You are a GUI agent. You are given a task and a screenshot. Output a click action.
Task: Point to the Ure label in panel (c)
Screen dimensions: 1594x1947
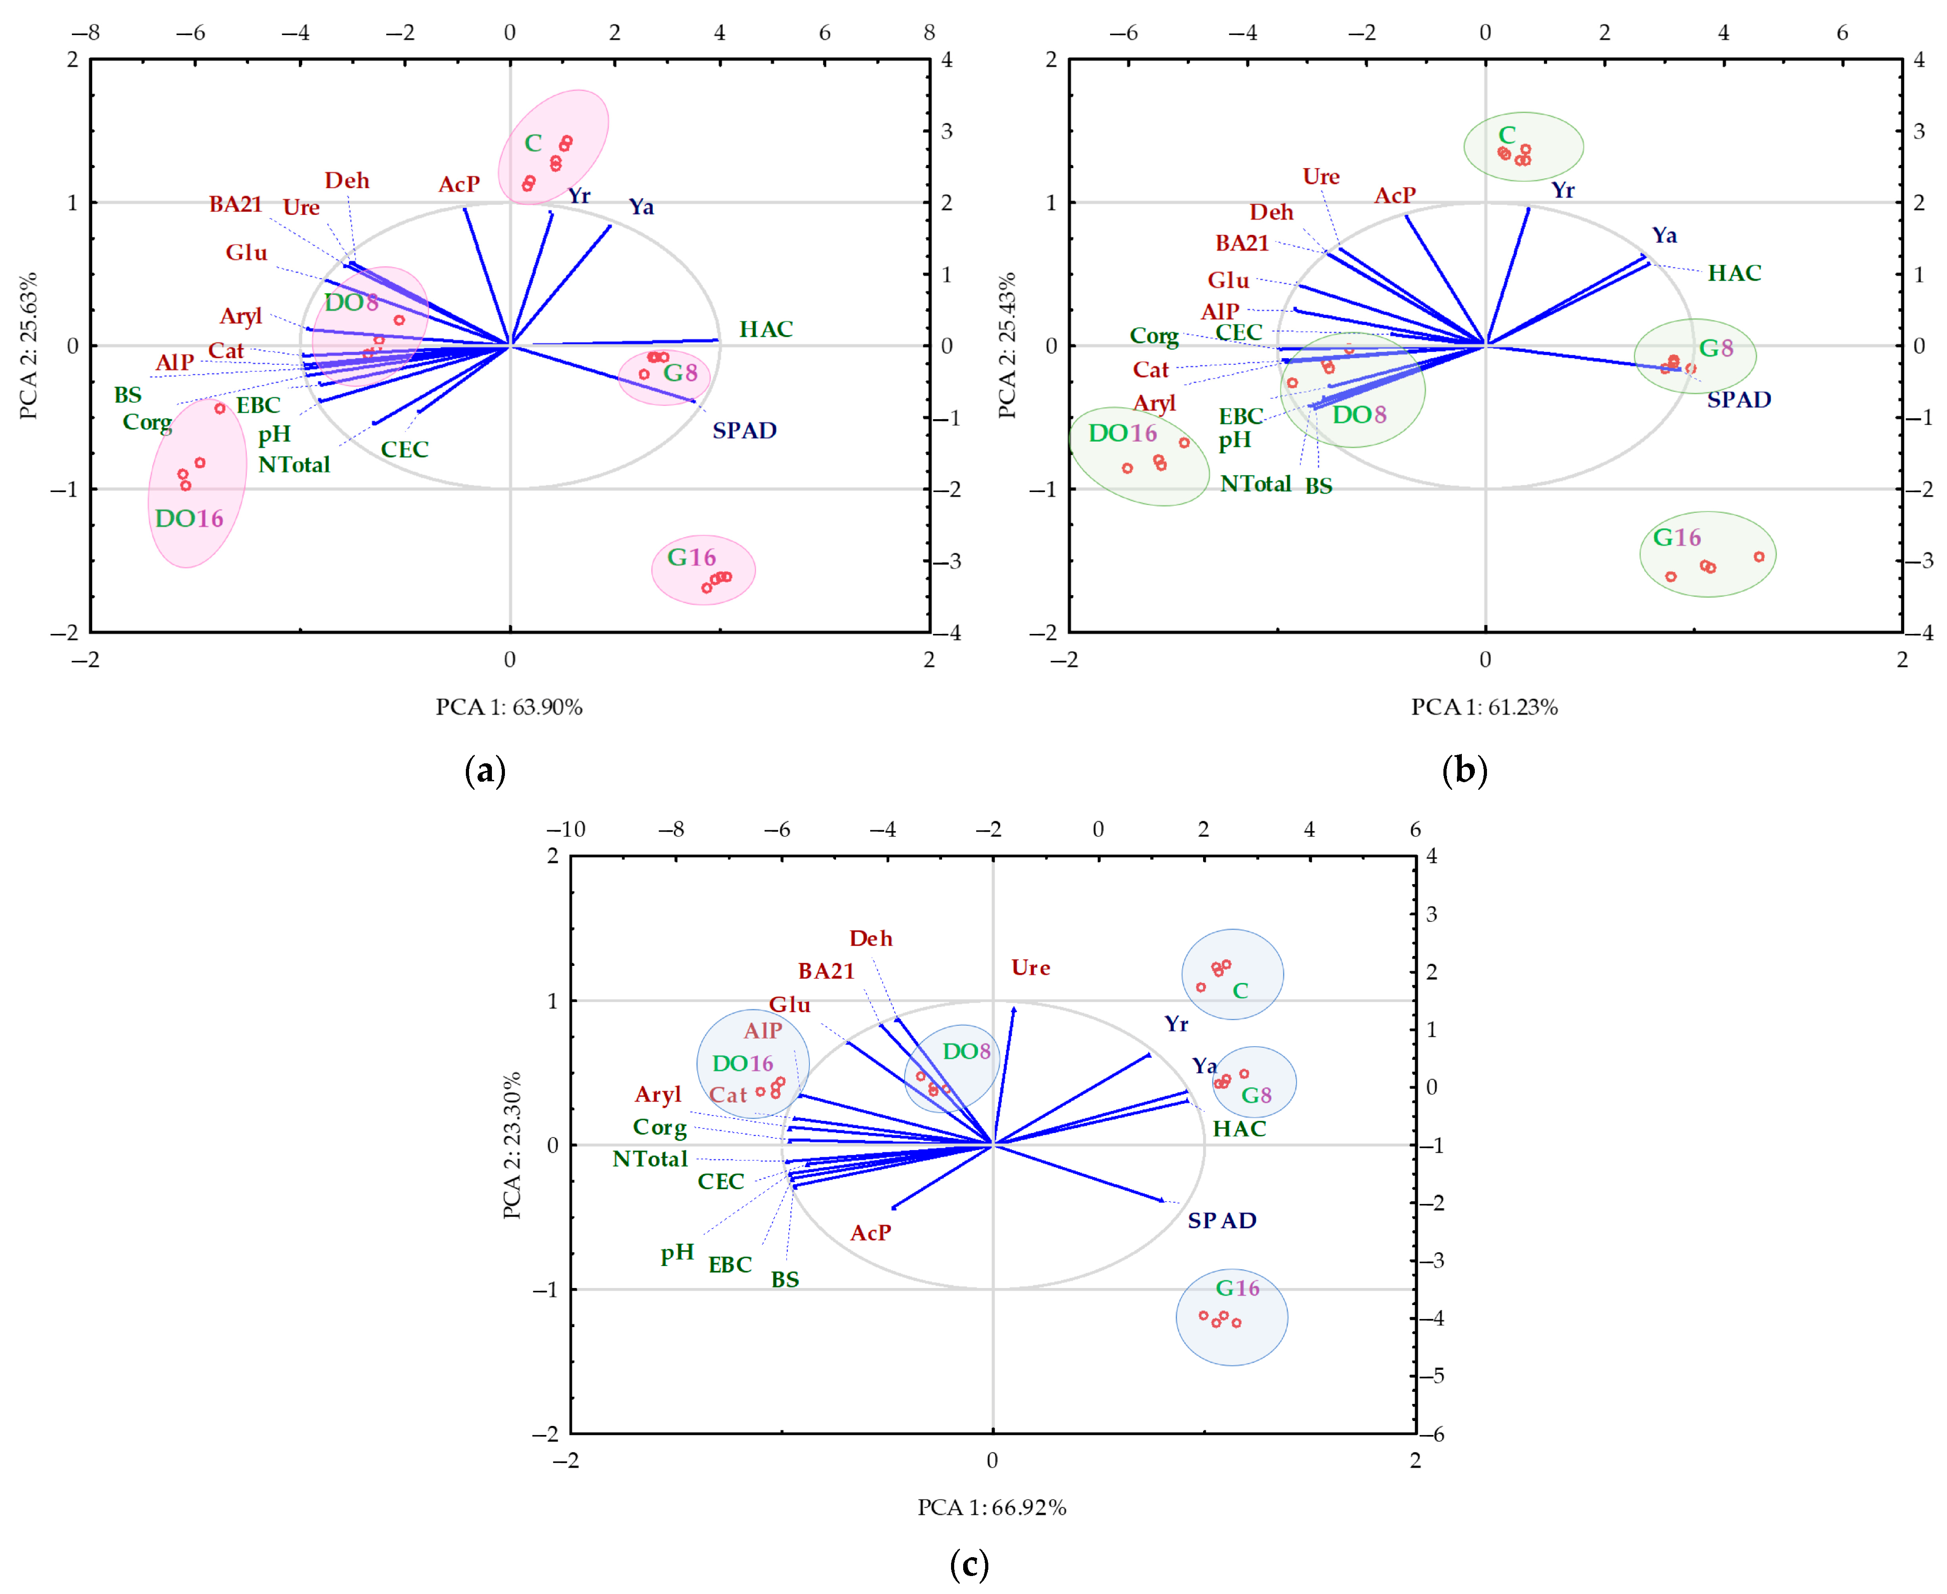point(1030,968)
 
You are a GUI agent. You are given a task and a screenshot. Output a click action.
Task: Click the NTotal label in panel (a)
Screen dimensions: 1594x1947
point(294,465)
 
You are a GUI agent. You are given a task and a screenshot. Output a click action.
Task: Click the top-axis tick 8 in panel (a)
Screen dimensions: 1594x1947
point(929,33)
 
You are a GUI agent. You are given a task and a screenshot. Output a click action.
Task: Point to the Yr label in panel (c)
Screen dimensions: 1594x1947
point(1176,1024)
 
